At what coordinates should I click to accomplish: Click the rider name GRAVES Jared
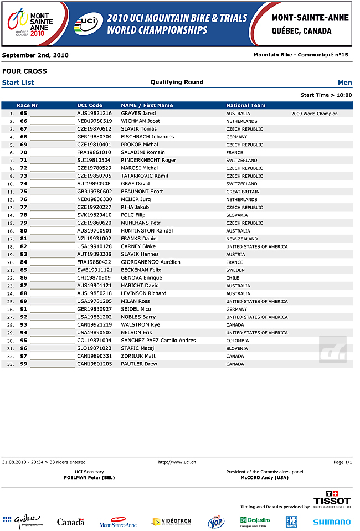click(x=138, y=114)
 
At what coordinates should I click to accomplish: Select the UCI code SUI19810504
click(x=94, y=161)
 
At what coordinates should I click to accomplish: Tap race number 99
click(x=24, y=364)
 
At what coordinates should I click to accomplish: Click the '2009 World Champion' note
click(x=314, y=114)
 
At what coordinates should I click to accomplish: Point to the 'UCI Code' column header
click(x=90, y=105)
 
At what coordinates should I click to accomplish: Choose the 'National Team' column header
click(x=245, y=105)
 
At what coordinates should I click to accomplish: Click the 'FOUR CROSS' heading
click(x=24, y=71)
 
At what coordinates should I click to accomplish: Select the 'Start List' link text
click(x=18, y=83)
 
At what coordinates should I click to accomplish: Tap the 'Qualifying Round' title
click(x=177, y=82)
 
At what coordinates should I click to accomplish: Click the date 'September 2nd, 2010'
click(x=35, y=55)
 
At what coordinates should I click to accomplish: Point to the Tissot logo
click(x=332, y=498)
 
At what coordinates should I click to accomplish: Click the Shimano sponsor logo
click(x=331, y=522)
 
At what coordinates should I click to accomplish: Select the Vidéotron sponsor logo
click(x=171, y=522)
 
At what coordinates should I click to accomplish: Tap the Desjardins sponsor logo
click(x=255, y=521)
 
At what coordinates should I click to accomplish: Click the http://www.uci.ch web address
click(x=177, y=462)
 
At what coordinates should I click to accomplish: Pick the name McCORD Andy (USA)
click(x=264, y=477)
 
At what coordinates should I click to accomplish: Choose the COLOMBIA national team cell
click(x=237, y=341)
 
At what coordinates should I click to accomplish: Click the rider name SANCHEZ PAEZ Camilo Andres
click(x=158, y=341)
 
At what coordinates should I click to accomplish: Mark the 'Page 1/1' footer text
click(x=342, y=462)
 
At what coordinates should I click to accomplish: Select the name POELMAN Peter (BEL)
click(x=89, y=477)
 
